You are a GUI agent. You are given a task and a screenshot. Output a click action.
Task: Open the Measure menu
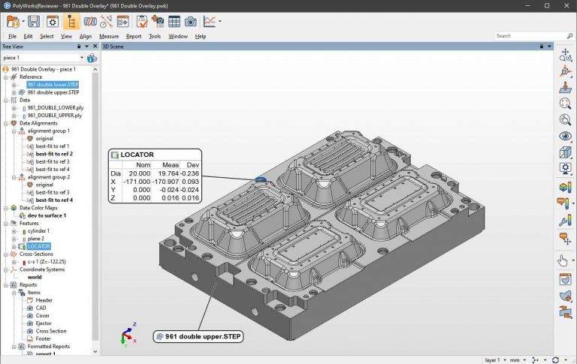coord(109,36)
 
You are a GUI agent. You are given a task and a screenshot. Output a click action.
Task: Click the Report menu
coord(133,36)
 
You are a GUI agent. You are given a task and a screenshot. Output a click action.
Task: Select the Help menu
coord(201,36)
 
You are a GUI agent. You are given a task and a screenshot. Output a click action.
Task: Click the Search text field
coord(526,35)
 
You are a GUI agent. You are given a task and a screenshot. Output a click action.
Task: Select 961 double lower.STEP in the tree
coord(53,85)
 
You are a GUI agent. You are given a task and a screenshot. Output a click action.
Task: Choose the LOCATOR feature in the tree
coord(39,246)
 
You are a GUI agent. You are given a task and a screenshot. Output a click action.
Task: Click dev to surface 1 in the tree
coord(47,215)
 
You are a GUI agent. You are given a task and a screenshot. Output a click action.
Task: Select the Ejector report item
coord(44,323)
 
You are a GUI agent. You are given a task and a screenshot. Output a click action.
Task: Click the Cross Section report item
coord(50,331)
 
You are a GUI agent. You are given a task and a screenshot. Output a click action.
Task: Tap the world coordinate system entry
coord(35,277)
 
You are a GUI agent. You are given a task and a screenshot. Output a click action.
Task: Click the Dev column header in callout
coord(192,164)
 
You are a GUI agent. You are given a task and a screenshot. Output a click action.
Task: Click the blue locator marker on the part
coord(260,179)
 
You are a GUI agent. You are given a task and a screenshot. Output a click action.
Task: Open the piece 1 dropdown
coord(81,58)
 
